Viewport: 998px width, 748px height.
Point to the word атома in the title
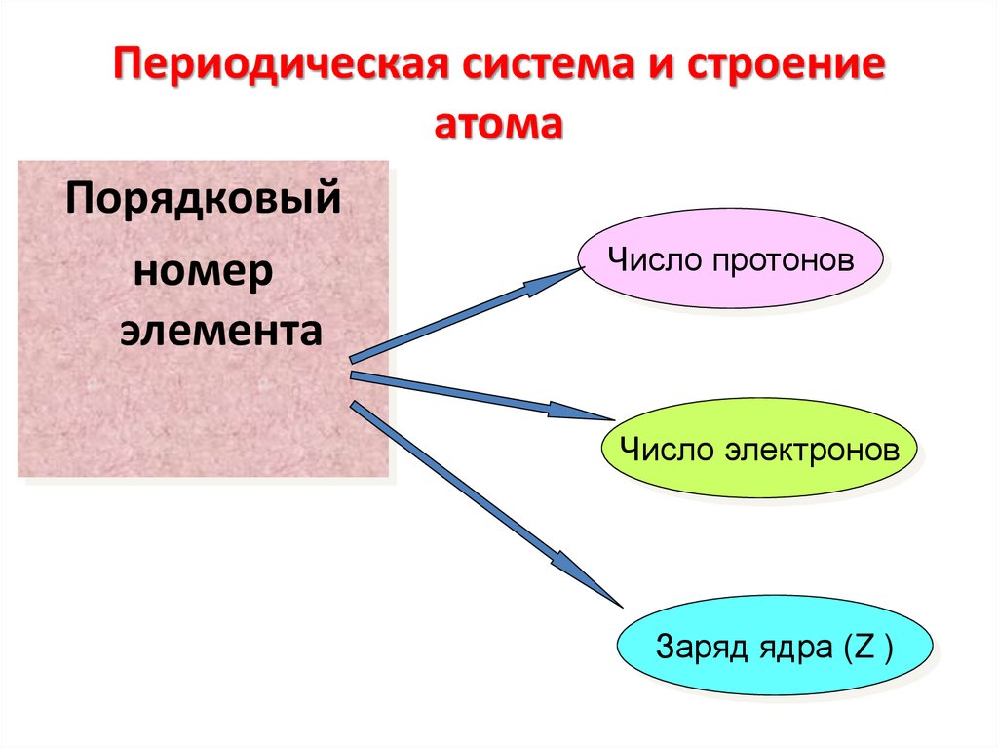coord(498,125)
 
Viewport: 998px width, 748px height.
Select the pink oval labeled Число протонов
coord(731,260)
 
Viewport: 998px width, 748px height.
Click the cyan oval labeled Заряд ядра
coord(775,646)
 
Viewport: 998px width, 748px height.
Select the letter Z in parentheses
coord(862,647)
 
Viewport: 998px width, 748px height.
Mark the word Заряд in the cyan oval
coord(695,647)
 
